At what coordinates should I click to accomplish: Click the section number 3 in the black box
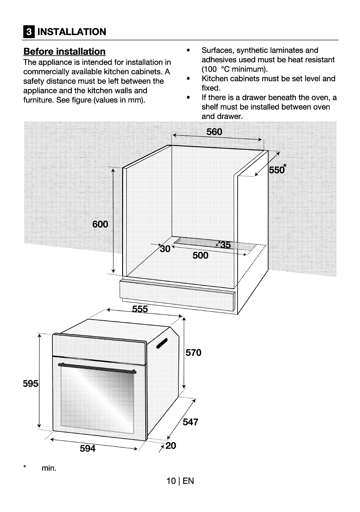pos(29,32)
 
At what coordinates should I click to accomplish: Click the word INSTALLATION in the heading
pos(72,32)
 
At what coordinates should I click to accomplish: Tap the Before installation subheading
pos(65,52)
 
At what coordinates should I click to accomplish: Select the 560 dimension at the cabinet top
pos(214,132)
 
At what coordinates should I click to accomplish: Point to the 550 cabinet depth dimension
pos(277,170)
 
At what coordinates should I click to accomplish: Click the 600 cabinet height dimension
pos(100,224)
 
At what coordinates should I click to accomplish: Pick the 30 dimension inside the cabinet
pos(165,249)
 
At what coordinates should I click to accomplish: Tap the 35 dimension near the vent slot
pos(225,245)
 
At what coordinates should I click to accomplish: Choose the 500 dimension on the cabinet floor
pos(200,255)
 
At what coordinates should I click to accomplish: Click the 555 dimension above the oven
pos(140,309)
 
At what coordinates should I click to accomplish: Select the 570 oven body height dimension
pos(194,353)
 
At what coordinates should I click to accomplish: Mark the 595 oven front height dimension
pos(31,384)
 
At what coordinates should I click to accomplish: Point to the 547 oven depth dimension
pos(191,422)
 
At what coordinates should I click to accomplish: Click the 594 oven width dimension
pos(88,448)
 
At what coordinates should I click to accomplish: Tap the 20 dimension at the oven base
pos(171,446)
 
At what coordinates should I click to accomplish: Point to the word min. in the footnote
pos(49,468)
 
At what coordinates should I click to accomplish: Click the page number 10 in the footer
pos(171,481)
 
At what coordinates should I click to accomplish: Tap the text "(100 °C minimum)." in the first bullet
pos(234,69)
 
